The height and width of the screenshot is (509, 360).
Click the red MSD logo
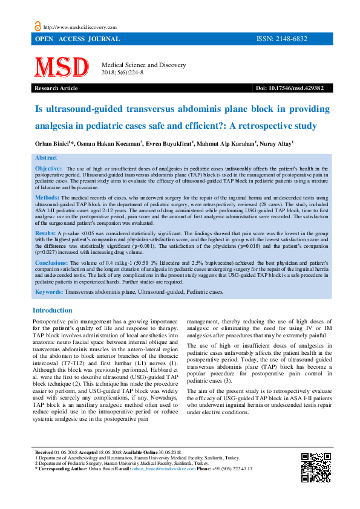[x=61, y=68]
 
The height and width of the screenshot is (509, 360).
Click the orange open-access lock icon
[x=38, y=26]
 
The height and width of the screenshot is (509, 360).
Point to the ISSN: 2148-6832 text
[x=282, y=39]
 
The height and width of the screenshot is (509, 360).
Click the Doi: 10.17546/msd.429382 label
[x=289, y=88]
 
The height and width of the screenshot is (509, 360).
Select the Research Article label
[x=57, y=88]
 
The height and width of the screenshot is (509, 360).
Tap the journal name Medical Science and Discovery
[x=144, y=65]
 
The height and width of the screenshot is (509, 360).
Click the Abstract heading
[x=46, y=157]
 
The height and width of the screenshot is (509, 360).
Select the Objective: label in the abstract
[x=48, y=168]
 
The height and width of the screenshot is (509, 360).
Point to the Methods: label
[x=47, y=198]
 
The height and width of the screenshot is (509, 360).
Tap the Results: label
[x=46, y=233]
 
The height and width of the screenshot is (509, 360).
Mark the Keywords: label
[x=49, y=291]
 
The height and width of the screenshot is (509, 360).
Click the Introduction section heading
[x=52, y=310]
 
